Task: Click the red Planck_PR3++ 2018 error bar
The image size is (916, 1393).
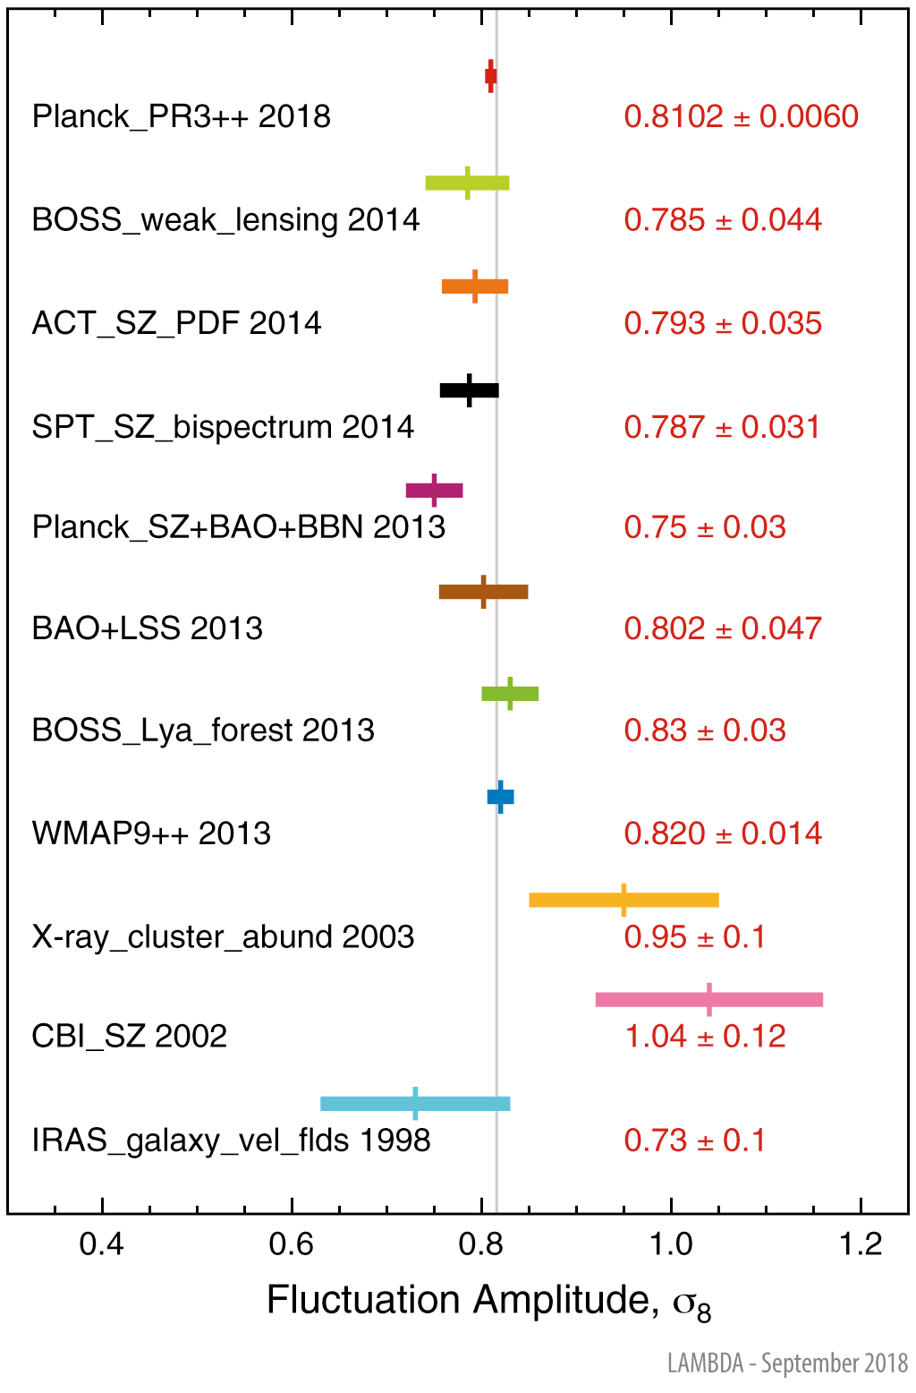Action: click(490, 76)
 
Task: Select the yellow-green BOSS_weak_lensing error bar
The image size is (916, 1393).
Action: click(467, 183)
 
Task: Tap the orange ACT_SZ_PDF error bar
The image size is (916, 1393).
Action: click(475, 286)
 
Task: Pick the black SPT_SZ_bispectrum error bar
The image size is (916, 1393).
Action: click(470, 390)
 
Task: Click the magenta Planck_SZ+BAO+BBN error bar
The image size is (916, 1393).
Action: click(435, 490)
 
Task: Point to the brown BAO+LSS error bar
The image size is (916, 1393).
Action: click(483, 592)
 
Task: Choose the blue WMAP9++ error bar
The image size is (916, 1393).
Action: click(501, 797)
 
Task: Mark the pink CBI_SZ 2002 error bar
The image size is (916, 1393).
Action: click(708, 999)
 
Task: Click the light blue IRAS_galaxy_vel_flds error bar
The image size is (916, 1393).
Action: click(415, 1103)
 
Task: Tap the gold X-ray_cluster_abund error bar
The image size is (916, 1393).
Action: click(623, 900)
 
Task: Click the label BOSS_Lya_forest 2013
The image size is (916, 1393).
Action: click(203, 731)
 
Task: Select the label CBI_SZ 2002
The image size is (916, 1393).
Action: click(130, 1037)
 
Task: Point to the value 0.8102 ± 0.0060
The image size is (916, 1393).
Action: click(741, 116)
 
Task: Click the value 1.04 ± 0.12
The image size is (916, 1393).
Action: click(705, 1037)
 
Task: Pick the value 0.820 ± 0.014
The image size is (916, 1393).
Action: click(723, 833)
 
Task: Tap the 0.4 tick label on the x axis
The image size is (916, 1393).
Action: click(102, 1244)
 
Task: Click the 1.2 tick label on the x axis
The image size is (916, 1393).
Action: click(861, 1244)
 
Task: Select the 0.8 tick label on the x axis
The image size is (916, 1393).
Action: click(481, 1244)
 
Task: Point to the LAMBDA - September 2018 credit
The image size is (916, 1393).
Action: click(787, 1363)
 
